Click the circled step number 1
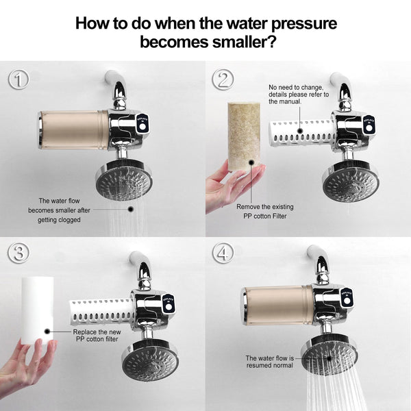(x=18, y=79)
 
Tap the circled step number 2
(x=223, y=79)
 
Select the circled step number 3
(x=18, y=253)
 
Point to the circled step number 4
(x=223, y=253)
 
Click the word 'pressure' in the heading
(x=303, y=24)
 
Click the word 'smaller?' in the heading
(x=244, y=42)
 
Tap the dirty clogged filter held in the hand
(x=244, y=137)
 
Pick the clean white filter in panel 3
(x=38, y=310)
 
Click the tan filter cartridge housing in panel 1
(x=74, y=130)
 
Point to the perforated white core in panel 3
(x=101, y=312)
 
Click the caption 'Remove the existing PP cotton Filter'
(x=264, y=211)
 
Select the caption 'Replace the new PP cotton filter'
(x=97, y=336)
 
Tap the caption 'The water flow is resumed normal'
(x=270, y=362)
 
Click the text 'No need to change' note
(x=299, y=94)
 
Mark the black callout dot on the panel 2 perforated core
(x=301, y=131)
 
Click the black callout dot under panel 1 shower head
(x=131, y=209)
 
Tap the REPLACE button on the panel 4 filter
(x=347, y=298)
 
